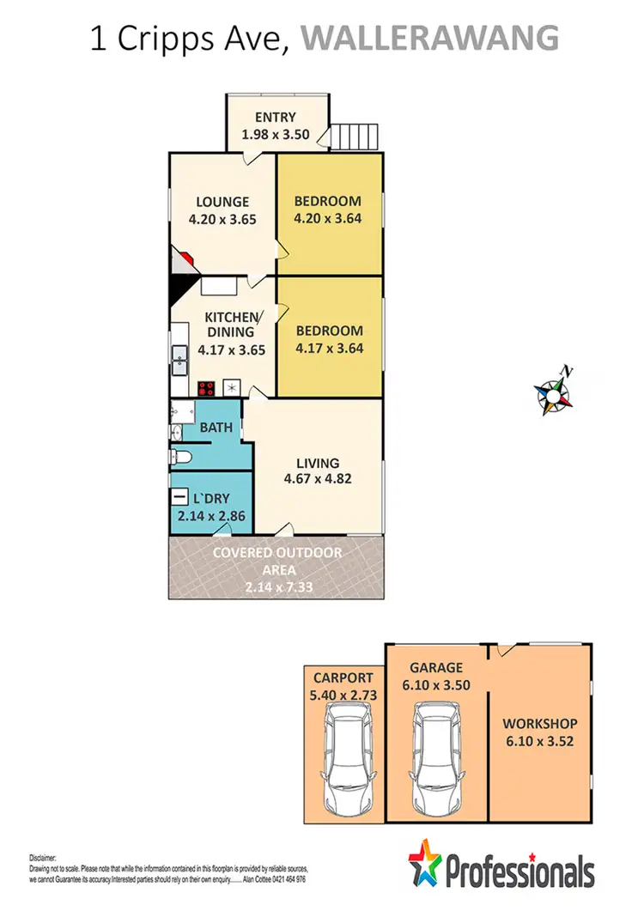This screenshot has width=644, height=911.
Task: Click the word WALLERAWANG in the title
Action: [x=431, y=39]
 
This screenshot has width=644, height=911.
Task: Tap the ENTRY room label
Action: [x=275, y=118]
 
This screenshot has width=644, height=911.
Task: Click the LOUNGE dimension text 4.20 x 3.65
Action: [x=223, y=219]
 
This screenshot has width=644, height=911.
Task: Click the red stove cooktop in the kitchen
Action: [x=206, y=388]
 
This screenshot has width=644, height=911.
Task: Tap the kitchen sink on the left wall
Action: [x=180, y=360]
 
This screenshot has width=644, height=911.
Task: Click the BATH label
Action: [x=216, y=427]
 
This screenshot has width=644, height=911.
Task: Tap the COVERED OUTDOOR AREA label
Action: [x=276, y=561]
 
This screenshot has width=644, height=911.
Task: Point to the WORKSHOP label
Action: [x=539, y=724]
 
